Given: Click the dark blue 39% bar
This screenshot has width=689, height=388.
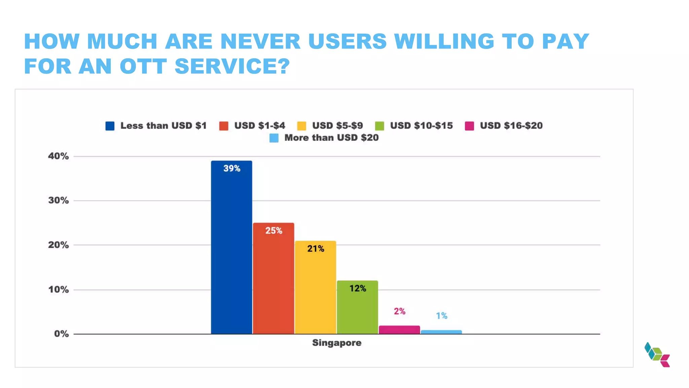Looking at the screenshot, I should coord(231,248).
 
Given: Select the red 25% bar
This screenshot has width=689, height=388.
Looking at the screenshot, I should coord(274,279).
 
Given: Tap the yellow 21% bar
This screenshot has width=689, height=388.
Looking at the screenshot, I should coord(316,287).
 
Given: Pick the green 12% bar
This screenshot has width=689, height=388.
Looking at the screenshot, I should coord(357,307).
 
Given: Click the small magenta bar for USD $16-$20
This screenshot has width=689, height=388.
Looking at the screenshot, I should coord(399,330).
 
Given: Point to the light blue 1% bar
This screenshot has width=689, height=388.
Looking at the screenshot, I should coord(441,332).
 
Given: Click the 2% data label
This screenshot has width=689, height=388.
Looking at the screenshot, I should coord(399,311).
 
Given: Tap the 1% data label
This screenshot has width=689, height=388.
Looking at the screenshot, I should coord(441,316).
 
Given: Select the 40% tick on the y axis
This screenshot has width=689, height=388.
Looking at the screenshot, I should coord(58,156).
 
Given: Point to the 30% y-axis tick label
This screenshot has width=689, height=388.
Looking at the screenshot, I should coord(58,201).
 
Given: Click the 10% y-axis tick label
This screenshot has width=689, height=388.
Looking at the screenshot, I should coord(58,290).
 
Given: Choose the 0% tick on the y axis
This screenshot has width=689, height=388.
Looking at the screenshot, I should coord(61,334).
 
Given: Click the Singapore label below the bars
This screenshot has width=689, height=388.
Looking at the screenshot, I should coord(336,343).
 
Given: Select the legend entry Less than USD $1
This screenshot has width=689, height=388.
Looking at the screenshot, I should coord(163,126).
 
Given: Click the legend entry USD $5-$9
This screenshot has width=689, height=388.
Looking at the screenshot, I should coord(337,126).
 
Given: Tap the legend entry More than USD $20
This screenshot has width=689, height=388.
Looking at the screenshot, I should coord(331,138).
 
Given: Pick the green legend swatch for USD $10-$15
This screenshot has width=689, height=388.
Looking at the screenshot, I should coord(379,126).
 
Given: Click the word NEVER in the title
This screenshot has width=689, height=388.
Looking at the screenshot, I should coord(260,41).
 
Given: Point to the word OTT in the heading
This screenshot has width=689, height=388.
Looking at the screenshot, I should coord(143,66).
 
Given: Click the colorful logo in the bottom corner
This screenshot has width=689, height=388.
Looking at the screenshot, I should coord(657,355).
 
